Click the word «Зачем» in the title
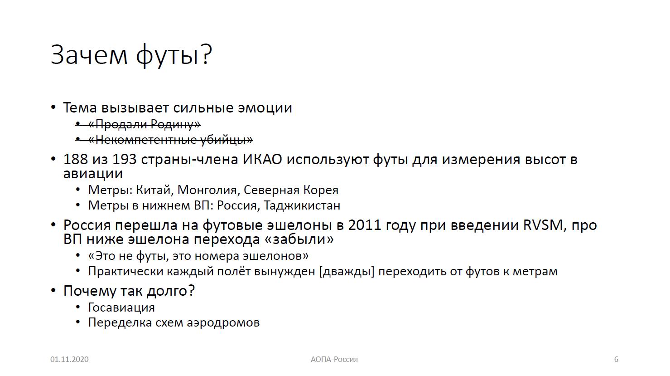[89, 55]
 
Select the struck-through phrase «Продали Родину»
[145, 124]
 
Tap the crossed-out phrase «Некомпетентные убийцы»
[170, 139]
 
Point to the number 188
[75, 160]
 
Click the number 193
[125, 160]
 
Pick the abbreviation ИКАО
[262, 160]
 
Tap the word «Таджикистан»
[302, 206]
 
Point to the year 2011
[365, 225]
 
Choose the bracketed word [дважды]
[347, 272]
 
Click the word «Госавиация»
[121, 308]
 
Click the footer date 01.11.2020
[69, 359]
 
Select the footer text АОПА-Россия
[334, 359]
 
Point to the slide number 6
[616, 359]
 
